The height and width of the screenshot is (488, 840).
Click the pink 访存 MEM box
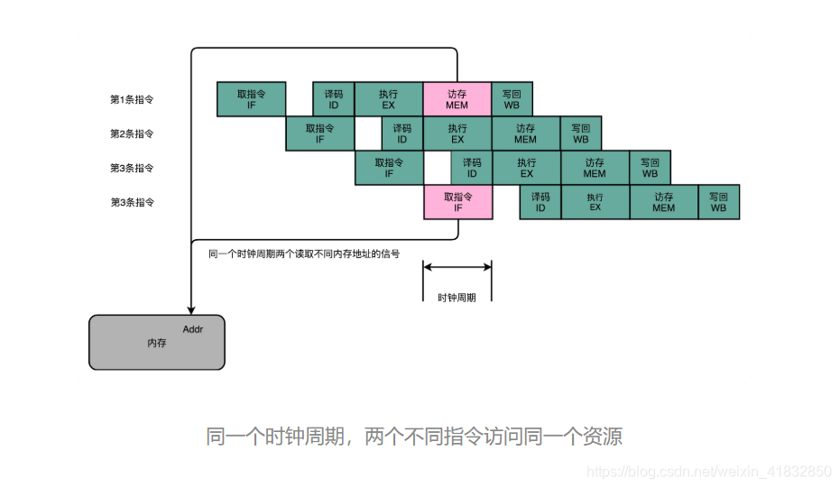tap(457, 99)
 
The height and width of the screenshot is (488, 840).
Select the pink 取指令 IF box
tap(457, 202)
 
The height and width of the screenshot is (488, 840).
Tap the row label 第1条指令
tap(132, 99)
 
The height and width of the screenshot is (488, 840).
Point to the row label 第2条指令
tap(132, 134)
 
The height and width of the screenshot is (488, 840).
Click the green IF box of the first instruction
tap(252, 99)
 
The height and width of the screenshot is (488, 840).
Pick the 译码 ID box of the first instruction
tap(334, 99)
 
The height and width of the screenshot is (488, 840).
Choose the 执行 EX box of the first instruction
tap(389, 99)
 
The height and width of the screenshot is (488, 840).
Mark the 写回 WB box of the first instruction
tap(512, 99)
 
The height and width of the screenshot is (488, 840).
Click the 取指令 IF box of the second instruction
tap(320, 134)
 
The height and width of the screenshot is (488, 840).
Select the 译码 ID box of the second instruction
tap(402, 134)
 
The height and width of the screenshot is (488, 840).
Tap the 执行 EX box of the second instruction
tap(457, 134)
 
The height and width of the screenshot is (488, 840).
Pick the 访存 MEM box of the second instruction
tap(526, 134)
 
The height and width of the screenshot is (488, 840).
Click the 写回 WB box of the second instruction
tap(580, 134)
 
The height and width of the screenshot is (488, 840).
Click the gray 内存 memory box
tap(156, 343)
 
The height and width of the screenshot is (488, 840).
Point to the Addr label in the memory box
tap(193, 329)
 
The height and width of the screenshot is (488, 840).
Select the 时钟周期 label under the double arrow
tap(457, 297)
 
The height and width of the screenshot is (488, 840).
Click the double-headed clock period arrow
tap(457, 266)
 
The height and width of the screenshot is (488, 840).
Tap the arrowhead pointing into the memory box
tap(191, 308)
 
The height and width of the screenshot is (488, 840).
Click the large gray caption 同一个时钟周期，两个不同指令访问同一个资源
tap(414, 437)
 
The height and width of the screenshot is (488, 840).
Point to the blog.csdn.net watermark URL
tap(709, 472)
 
